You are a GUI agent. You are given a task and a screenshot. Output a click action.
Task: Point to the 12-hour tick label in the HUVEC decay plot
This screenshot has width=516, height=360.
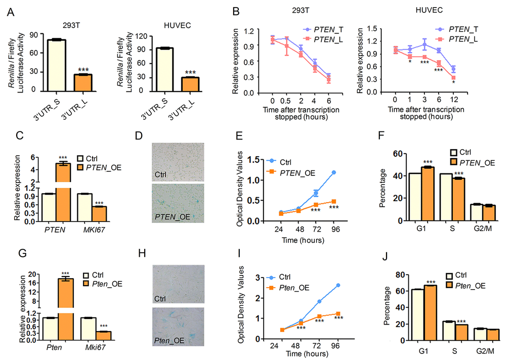454,101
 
